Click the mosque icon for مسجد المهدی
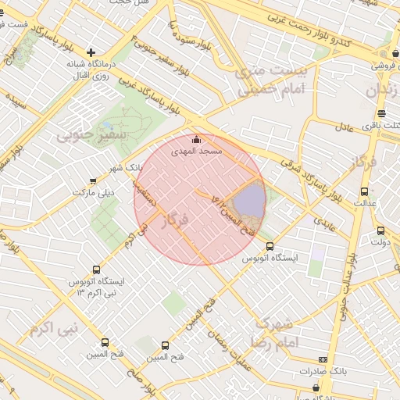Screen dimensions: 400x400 195,140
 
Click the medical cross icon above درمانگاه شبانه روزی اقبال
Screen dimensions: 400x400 91,52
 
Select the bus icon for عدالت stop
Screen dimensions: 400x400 364,191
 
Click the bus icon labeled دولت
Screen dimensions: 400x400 380,230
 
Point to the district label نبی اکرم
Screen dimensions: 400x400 53,327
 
